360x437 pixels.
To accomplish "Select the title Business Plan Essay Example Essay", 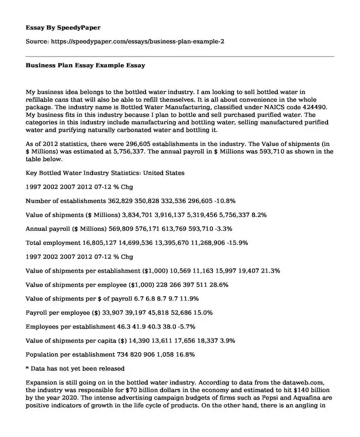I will tap(85, 66).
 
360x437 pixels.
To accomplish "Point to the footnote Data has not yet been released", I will tap(78, 368).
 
